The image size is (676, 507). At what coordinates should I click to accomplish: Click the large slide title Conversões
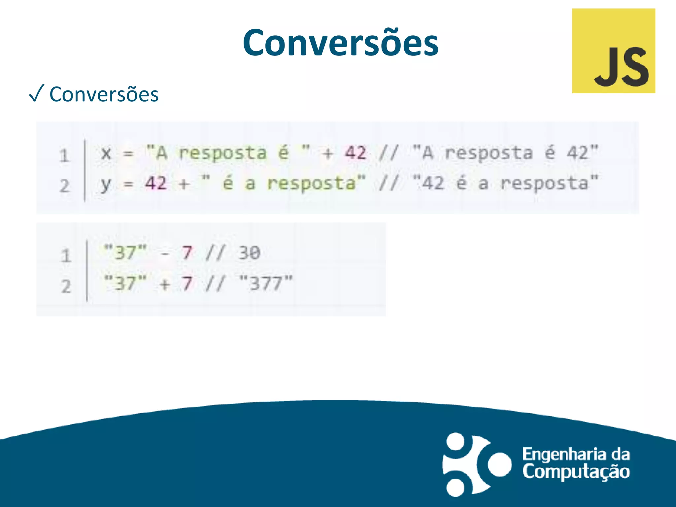pos(340,43)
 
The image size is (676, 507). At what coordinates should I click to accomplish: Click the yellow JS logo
pos(613,51)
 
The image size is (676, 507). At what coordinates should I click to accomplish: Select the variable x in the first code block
pos(106,153)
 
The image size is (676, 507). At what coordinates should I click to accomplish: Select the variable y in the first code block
pos(106,184)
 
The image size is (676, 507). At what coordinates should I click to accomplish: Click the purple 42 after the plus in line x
pos(355,153)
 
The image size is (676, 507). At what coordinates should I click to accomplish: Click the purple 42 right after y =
pos(156,183)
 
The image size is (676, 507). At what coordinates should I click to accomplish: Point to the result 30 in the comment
pos(250,253)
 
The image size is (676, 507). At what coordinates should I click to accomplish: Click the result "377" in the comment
pos(266,283)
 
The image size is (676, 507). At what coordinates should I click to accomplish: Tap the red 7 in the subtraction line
pos(187,253)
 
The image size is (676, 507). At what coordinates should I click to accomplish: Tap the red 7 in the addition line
pos(187,283)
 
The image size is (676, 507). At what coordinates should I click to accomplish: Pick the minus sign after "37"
pos(165,254)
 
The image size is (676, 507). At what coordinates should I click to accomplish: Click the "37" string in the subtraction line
pos(125,253)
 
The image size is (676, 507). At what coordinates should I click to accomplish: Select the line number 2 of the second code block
pos(66,286)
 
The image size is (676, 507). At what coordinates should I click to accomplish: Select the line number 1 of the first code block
pos(65,156)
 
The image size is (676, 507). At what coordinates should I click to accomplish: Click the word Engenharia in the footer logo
pos(564,455)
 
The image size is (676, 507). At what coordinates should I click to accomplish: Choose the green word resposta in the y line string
pos(311,184)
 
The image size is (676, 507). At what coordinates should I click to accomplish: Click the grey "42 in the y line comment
pos(429,184)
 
